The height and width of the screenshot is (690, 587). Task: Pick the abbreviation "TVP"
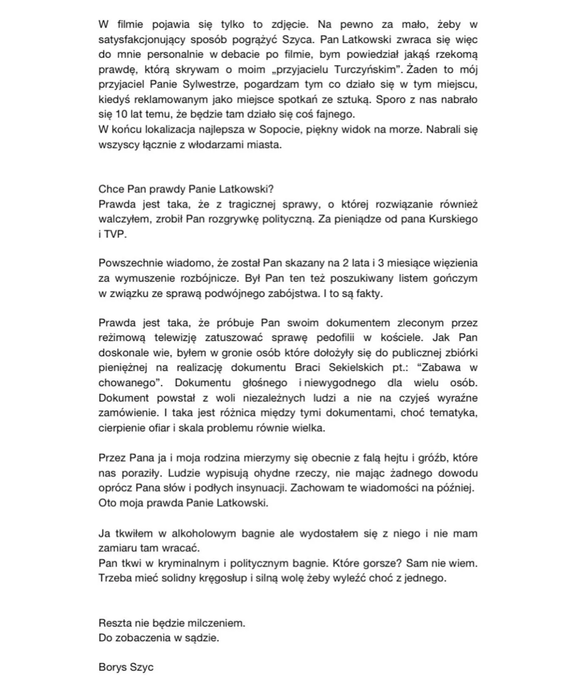[114, 234]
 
